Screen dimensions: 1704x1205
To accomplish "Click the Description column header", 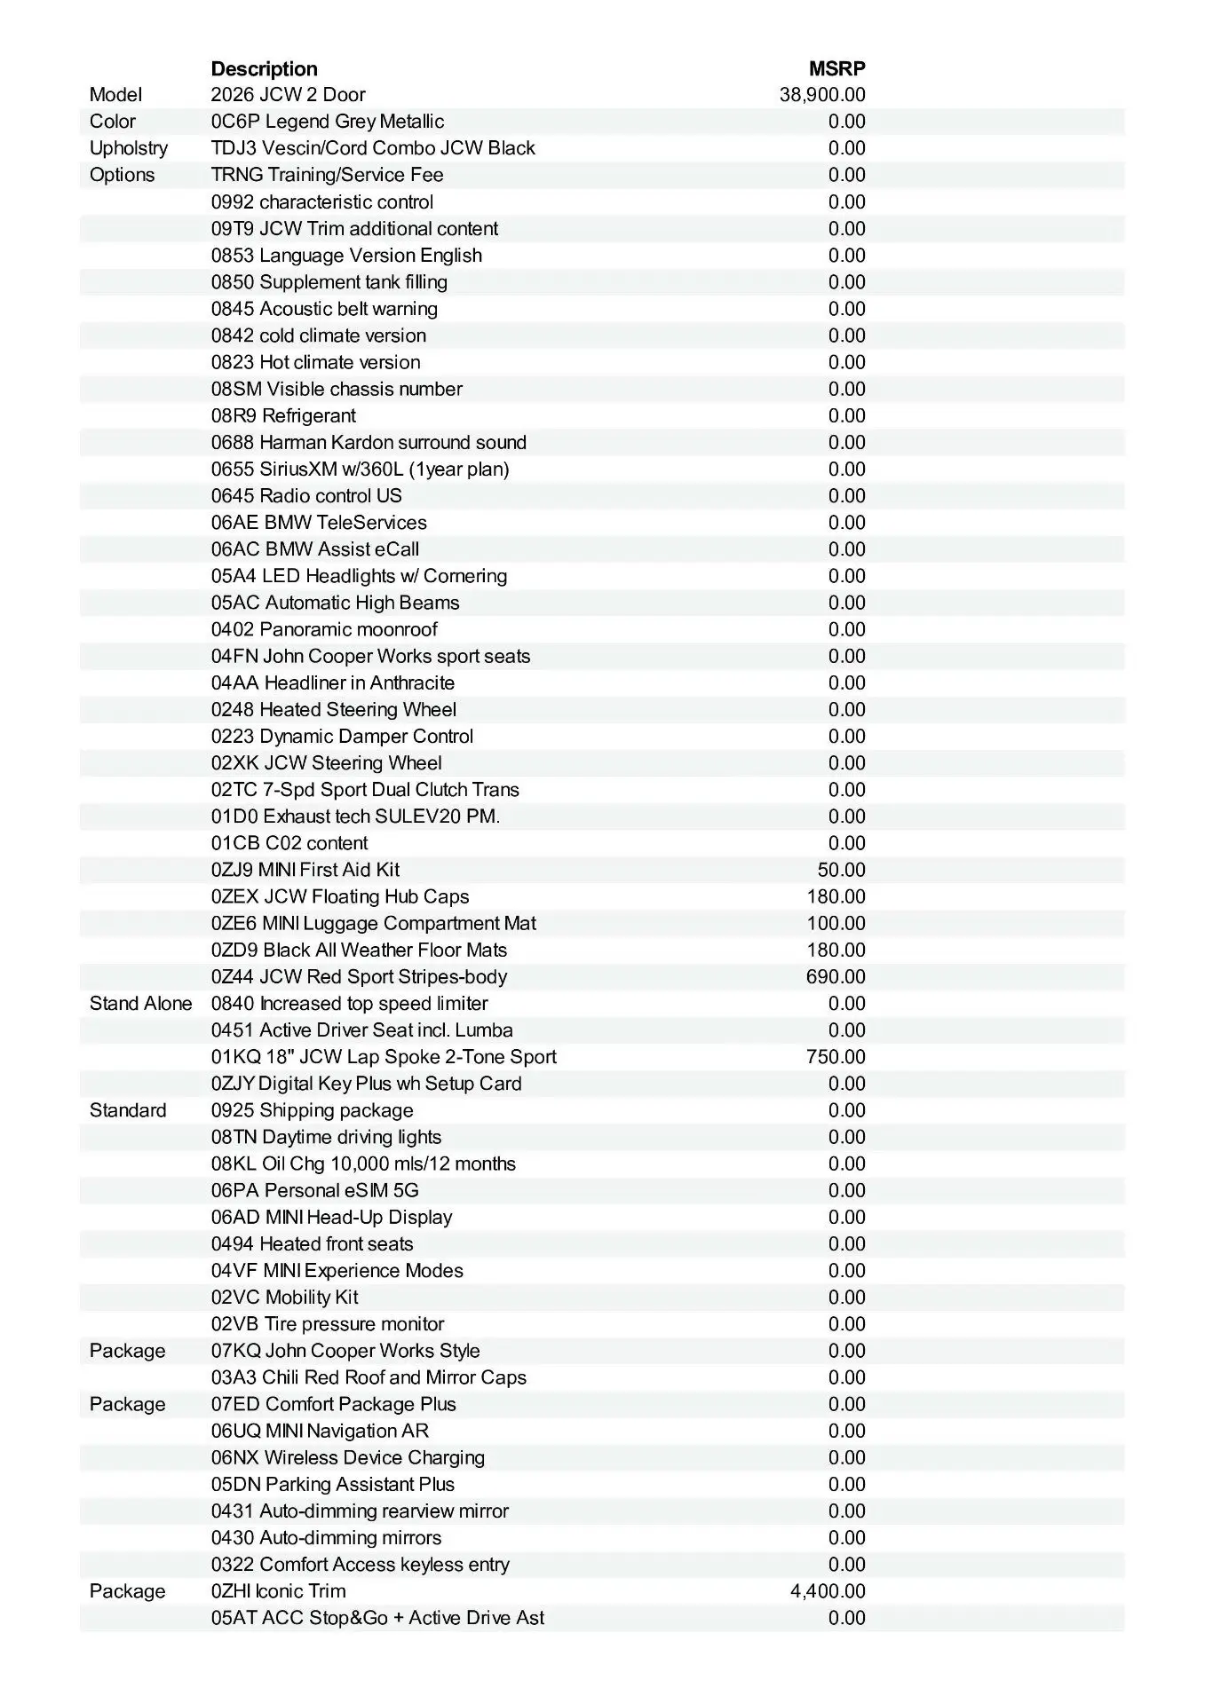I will [264, 69].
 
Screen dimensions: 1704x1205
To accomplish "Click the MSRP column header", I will [836, 69].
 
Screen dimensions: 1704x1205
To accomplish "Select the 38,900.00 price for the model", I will [822, 95].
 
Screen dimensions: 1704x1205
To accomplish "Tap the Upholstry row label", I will [128, 148].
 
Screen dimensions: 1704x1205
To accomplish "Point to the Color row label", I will [113, 122].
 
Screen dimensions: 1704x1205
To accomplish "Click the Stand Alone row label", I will [140, 1004].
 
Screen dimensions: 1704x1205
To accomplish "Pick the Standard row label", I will [128, 1110].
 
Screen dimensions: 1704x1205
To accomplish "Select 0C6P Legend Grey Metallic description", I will [328, 122].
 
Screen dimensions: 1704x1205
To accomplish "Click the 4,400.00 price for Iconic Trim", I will [828, 1591].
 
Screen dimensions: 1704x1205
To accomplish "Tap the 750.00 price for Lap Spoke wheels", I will [836, 1057].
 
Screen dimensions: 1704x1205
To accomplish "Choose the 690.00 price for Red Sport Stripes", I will [836, 977].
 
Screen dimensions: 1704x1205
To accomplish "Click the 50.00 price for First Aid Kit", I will [841, 870].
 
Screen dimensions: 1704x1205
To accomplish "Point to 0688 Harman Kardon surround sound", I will [369, 442].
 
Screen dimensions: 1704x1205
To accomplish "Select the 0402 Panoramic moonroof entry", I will [324, 629].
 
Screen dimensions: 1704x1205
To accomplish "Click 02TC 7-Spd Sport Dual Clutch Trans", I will [365, 790].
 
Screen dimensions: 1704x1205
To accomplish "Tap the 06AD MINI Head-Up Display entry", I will [331, 1218].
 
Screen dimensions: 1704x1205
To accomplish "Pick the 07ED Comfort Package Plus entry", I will [333, 1404].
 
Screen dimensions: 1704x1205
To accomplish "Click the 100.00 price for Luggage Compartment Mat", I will [836, 923].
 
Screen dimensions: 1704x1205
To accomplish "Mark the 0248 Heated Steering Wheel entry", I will [334, 710].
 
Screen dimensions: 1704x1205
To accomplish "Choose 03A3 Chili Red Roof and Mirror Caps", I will [369, 1377].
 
